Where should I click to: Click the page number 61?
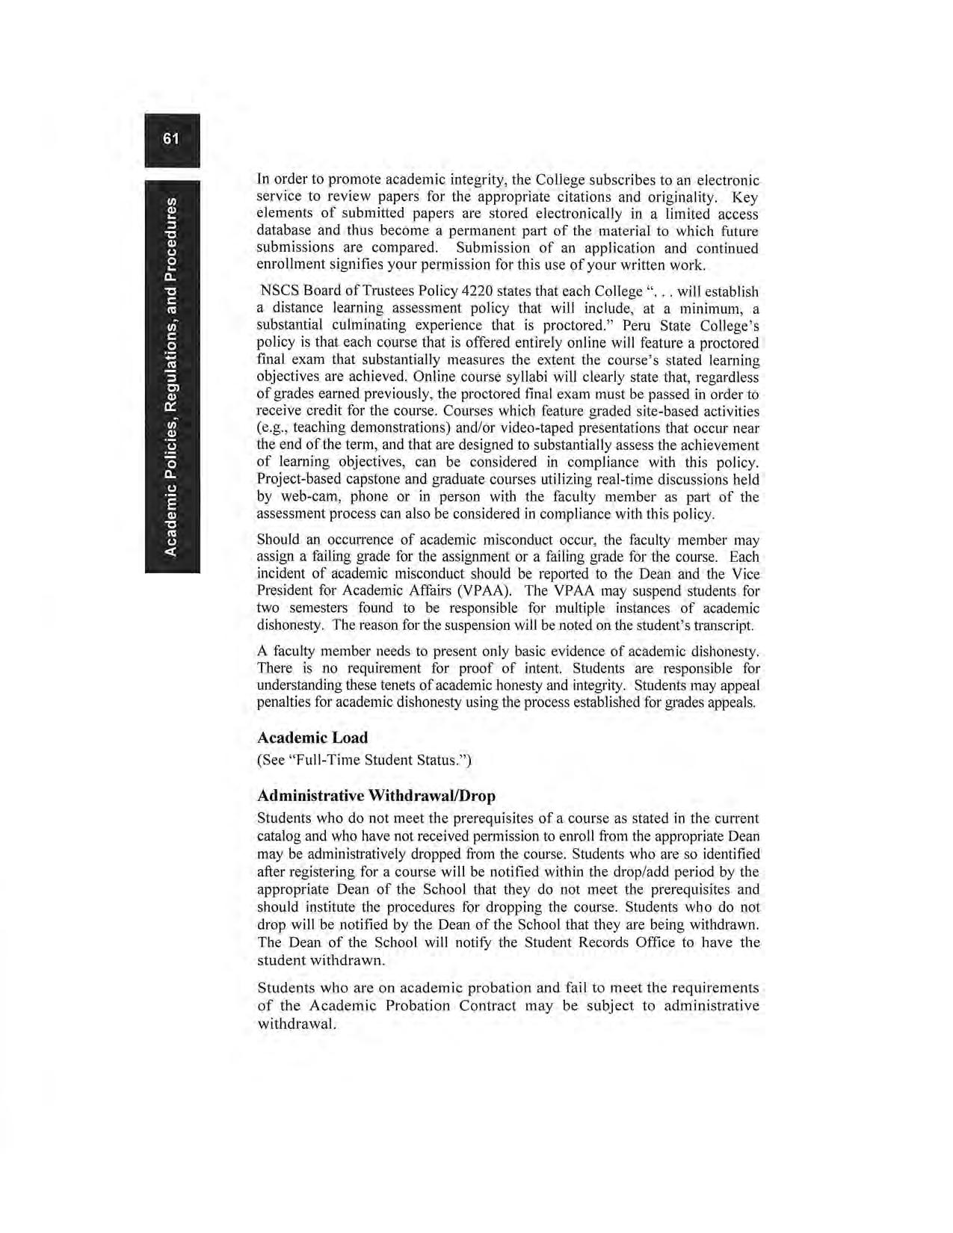point(172,138)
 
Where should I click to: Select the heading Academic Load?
point(312,738)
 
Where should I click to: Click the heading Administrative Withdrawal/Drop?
point(376,795)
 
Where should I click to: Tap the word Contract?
point(487,1006)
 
